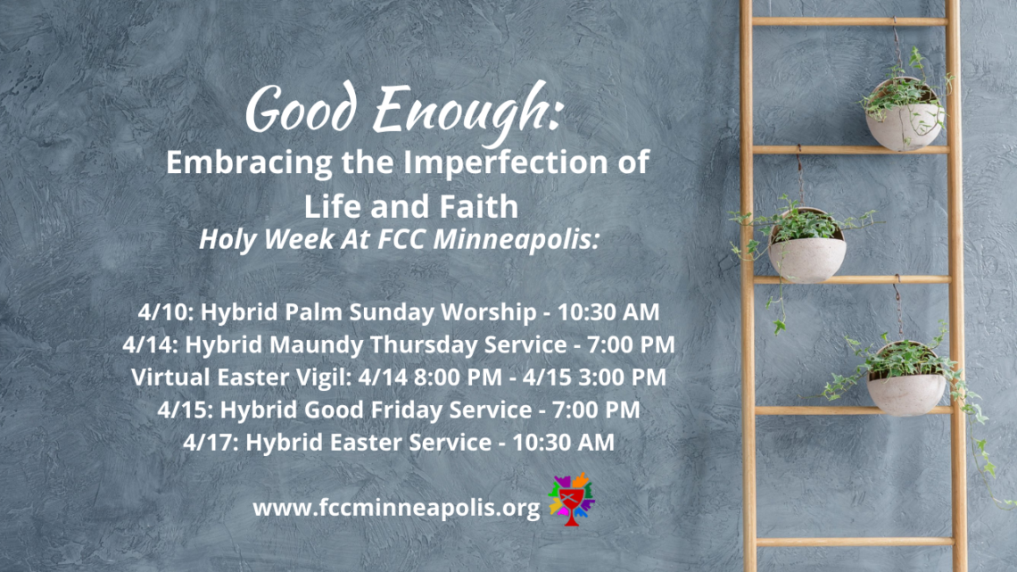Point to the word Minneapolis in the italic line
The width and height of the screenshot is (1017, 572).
516,240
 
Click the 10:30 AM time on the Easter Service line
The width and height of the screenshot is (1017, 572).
563,443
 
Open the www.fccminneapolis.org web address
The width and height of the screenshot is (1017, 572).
396,507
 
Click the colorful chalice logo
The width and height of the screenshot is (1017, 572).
572,499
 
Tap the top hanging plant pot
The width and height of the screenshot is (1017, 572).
904,117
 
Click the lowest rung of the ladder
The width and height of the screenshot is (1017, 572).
855,542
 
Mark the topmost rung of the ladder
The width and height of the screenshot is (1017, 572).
849,21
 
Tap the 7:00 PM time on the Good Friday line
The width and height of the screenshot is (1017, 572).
595,410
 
